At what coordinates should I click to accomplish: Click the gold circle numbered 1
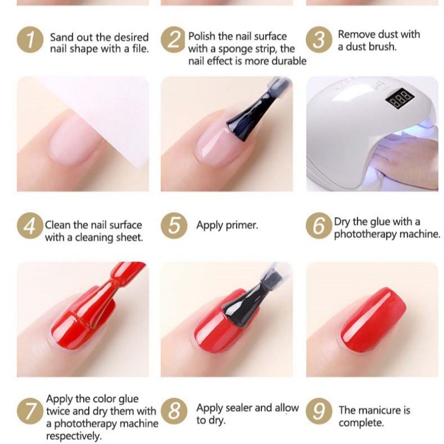pyautogui.click(x=30, y=39)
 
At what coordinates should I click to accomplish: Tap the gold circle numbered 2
pyautogui.click(x=174, y=39)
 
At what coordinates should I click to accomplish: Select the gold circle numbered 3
pyautogui.click(x=319, y=39)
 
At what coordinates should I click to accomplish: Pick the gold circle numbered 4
pyautogui.click(x=30, y=226)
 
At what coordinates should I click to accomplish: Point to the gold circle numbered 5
pyautogui.click(x=174, y=226)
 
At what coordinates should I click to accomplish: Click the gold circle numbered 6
pyautogui.click(x=319, y=226)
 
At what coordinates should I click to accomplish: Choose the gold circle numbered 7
pyautogui.click(x=30, y=411)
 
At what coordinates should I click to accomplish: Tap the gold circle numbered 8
pyautogui.click(x=174, y=411)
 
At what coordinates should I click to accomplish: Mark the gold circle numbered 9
pyautogui.click(x=319, y=411)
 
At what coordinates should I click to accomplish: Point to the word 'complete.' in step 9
pyautogui.click(x=361, y=423)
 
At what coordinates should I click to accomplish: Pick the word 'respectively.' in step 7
pyautogui.click(x=74, y=436)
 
